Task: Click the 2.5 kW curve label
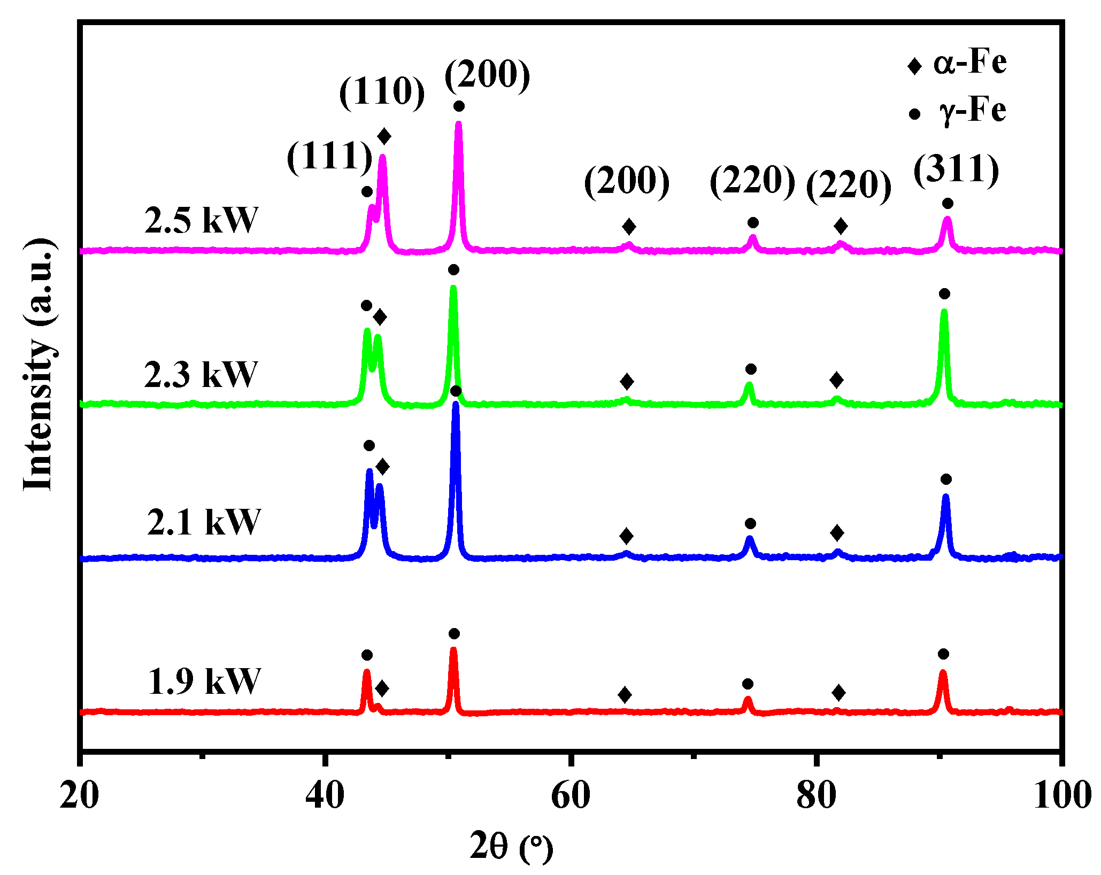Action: click(201, 220)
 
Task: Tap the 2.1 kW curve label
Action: click(204, 522)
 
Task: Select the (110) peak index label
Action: click(382, 91)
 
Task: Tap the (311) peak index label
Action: click(956, 170)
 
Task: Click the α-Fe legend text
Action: click(970, 63)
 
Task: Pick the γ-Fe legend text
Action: click(973, 111)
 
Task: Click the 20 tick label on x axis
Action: click(79, 796)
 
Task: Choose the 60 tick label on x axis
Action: click(571, 796)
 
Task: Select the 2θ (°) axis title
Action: click(511, 847)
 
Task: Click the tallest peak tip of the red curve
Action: click(453, 650)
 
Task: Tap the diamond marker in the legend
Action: click(914, 66)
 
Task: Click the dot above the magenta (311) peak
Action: click(948, 204)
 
